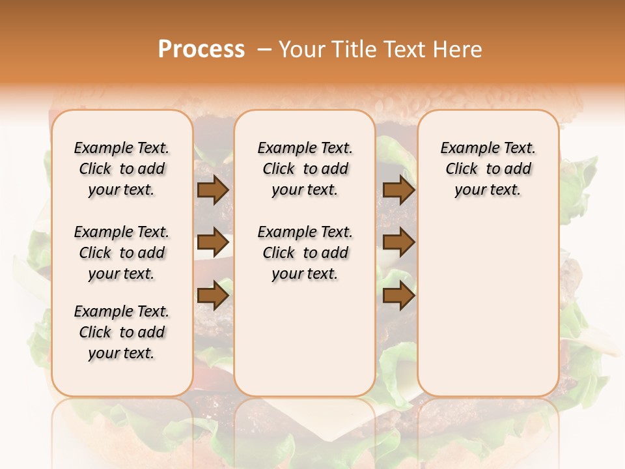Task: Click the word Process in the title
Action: pyautogui.click(x=201, y=50)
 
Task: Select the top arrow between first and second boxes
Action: pyautogui.click(x=213, y=190)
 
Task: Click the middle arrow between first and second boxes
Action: pyautogui.click(x=213, y=242)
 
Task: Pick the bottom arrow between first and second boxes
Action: pyautogui.click(x=213, y=296)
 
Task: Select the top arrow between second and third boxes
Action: pyautogui.click(x=398, y=190)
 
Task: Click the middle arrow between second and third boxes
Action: pyautogui.click(x=398, y=242)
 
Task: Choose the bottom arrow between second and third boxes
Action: pyautogui.click(x=398, y=296)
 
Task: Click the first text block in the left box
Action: pyautogui.click(x=122, y=169)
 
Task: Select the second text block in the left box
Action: pyautogui.click(x=122, y=253)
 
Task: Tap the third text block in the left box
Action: pyautogui.click(x=122, y=332)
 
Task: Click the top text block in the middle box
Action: pyautogui.click(x=305, y=169)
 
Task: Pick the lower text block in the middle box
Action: pyautogui.click(x=305, y=253)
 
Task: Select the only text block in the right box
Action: pyautogui.click(x=488, y=169)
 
